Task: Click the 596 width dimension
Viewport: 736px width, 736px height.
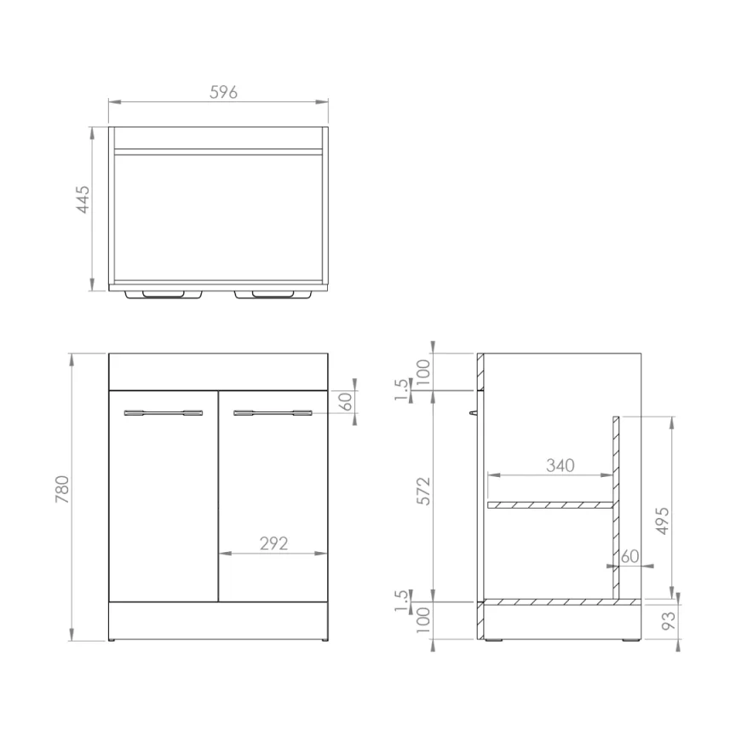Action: [x=223, y=93]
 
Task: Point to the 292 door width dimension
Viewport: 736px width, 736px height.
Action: [x=273, y=543]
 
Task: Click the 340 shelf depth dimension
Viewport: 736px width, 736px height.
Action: [x=560, y=465]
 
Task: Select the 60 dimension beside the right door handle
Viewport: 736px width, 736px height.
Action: [x=347, y=402]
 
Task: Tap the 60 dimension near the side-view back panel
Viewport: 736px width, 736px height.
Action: [x=630, y=556]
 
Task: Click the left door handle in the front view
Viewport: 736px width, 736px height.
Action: [x=164, y=413]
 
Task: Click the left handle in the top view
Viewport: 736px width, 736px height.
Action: [x=164, y=295]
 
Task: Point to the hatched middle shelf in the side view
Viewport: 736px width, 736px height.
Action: [x=549, y=505]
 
